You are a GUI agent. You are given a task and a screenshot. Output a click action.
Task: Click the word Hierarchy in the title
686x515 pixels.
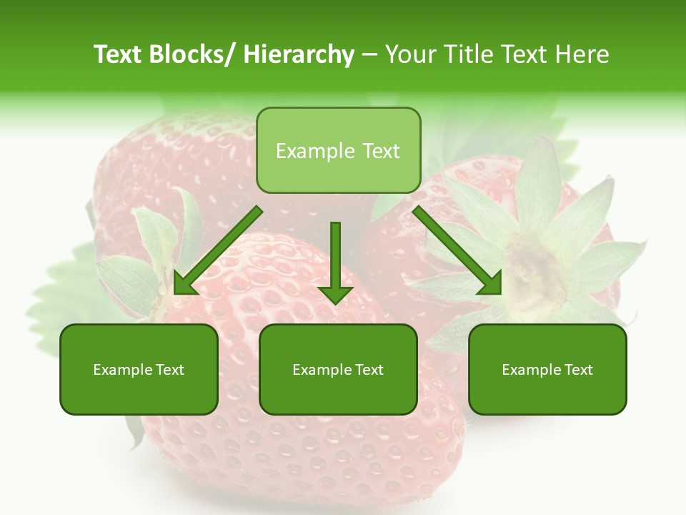pos(299,54)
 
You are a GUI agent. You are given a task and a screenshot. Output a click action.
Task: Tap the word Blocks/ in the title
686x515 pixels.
pos(188,54)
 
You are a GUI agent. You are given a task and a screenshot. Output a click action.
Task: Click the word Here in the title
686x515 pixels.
pos(582,54)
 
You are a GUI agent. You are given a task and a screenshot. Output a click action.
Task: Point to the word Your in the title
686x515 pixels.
pos(408,54)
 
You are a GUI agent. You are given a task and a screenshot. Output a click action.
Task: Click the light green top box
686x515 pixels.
pos(338,150)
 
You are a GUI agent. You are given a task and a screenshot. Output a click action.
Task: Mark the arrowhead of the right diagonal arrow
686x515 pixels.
pos(489,283)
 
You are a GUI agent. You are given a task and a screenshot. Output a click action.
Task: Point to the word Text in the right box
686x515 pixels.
pos(577,370)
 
